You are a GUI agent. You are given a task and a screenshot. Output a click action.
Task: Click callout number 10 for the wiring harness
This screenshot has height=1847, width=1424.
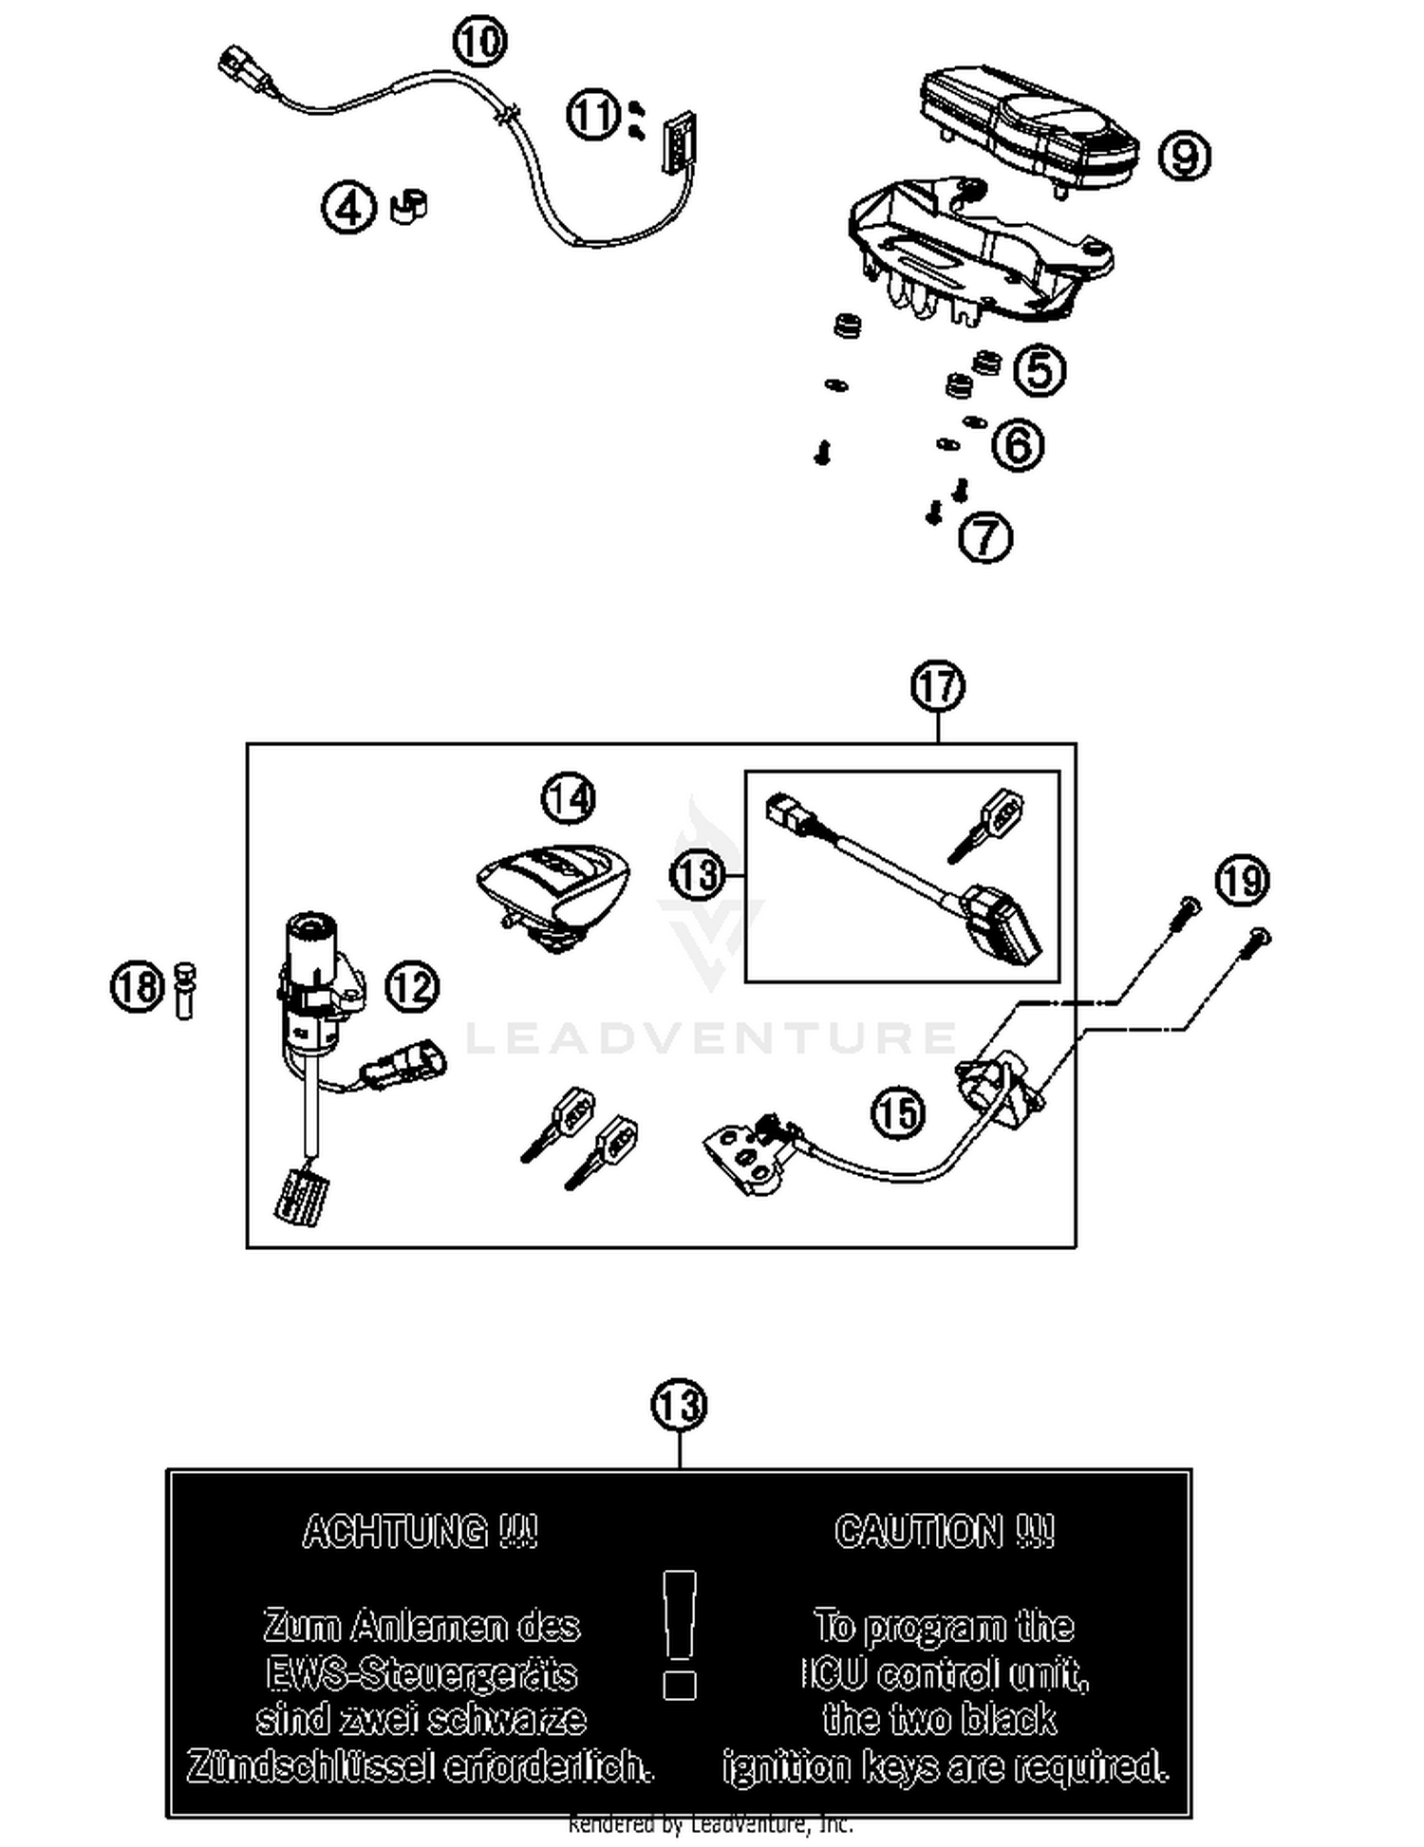tap(479, 42)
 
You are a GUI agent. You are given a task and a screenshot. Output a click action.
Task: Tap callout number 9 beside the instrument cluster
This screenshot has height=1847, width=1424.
tap(1184, 156)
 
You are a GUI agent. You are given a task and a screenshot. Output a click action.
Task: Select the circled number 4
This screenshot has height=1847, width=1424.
tap(348, 208)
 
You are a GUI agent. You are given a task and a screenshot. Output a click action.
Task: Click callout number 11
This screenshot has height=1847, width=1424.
tap(593, 116)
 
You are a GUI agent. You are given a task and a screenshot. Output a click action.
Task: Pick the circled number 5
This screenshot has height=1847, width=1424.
tap(1040, 369)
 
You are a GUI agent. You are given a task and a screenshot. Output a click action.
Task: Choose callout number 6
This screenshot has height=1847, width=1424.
tap(1018, 444)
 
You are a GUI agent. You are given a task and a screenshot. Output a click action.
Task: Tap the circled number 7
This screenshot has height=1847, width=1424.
tap(985, 537)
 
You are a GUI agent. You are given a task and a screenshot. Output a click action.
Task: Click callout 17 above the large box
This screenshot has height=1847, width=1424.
tap(937, 686)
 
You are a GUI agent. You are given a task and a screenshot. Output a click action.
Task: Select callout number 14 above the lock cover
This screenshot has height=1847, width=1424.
tap(568, 798)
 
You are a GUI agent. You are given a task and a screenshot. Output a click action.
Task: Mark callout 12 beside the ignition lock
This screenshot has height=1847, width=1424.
tap(412, 987)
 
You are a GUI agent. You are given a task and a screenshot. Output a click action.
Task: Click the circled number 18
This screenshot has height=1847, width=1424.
tap(138, 986)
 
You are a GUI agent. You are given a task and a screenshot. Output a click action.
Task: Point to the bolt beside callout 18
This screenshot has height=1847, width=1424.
tap(185, 990)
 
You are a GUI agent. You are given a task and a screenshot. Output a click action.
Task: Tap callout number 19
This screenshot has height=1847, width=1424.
tap(1242, 881)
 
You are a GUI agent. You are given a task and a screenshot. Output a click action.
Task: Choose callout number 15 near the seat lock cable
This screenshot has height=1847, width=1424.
tap(897, 1112)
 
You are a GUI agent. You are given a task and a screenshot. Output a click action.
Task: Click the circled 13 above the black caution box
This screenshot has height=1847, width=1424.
tap(679, 1406)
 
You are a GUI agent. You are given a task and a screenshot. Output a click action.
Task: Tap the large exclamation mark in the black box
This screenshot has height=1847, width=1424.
tap(679, 1632)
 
